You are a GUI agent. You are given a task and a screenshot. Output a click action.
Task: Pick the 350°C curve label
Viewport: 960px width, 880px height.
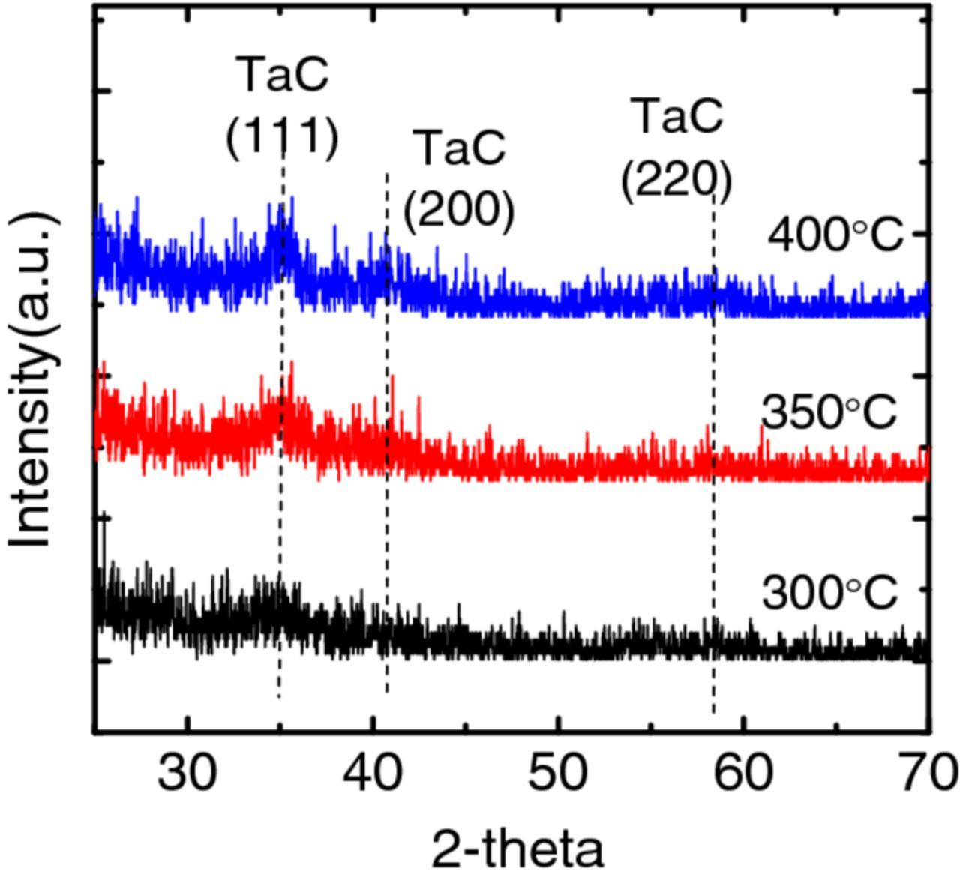click(829, 412)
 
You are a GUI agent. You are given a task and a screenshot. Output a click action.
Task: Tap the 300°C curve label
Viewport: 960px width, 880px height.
click(829, 594)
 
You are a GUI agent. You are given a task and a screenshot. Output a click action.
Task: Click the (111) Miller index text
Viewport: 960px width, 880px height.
click(283, 137)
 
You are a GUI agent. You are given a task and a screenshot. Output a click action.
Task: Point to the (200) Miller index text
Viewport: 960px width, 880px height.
click(459, 210)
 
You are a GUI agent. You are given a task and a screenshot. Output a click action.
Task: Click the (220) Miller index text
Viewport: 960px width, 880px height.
click(676, 181)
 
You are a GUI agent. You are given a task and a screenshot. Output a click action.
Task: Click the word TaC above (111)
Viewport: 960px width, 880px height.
click(283, 75)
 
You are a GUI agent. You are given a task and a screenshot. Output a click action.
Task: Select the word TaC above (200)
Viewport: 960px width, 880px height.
click(460, 148)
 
